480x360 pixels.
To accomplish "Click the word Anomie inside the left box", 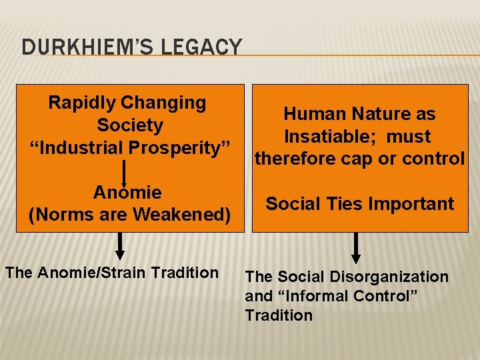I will pos(127,193).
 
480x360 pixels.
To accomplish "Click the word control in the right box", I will pos(433,158).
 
